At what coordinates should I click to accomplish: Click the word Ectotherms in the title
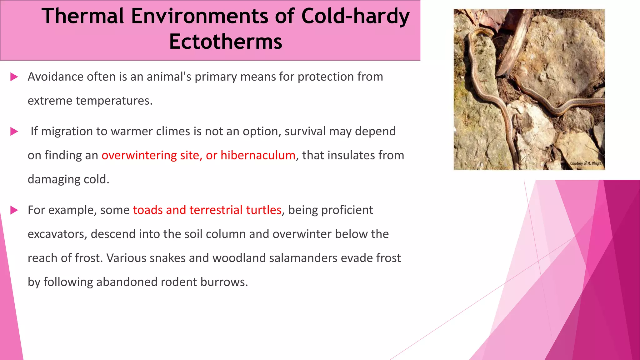(226, 42)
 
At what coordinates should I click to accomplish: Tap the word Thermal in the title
(83, 16)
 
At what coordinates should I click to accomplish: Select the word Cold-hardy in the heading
(355, 16)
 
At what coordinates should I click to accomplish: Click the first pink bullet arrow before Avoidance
(14, 77)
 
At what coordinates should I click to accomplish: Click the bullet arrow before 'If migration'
(14, 132)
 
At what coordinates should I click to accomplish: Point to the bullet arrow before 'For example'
(14, 210)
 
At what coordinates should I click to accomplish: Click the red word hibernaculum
(258, 155)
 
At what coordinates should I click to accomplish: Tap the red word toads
(147, 210)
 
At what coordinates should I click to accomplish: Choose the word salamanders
(303, 258)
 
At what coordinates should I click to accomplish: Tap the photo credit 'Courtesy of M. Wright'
(586, 163)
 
